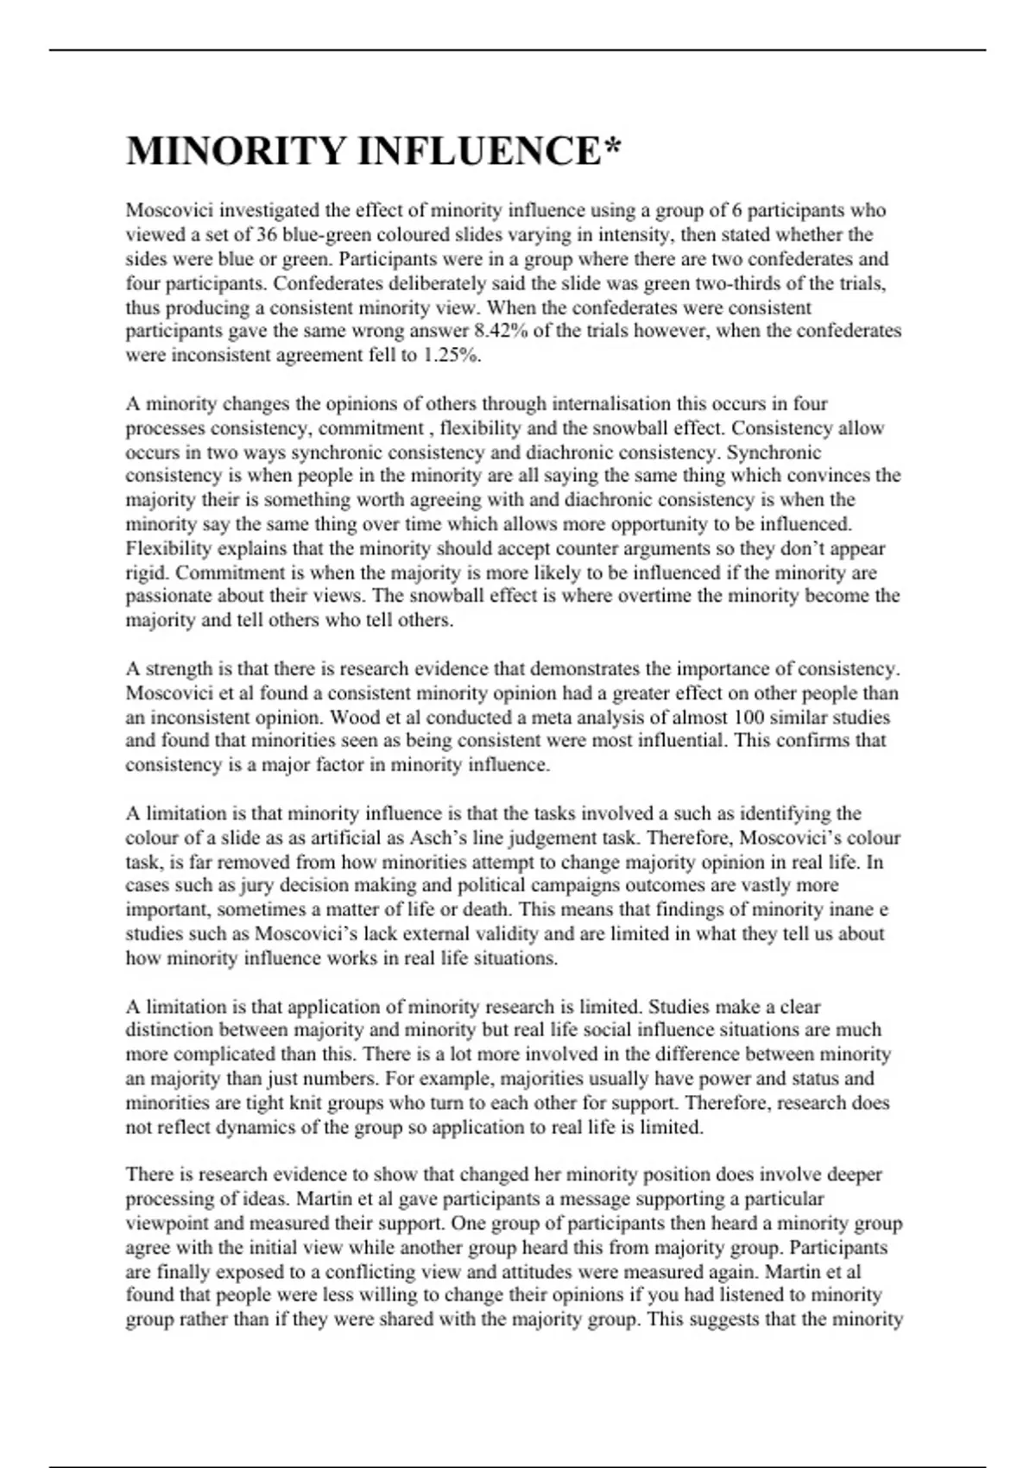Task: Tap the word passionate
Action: [167, 596]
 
